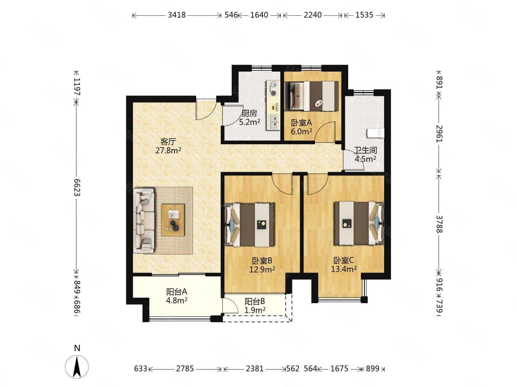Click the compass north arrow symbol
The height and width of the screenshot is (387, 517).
76,366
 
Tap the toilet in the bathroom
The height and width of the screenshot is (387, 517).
375,133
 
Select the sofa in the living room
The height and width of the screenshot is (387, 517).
144,220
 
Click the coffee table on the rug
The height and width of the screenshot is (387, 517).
173,220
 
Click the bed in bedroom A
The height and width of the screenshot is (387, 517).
311,96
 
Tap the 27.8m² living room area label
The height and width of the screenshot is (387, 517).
168,150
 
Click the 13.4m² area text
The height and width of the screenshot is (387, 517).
344,269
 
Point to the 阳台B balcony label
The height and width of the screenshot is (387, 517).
255,301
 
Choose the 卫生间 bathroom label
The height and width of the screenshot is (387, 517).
366,150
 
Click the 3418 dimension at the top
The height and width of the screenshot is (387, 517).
177,15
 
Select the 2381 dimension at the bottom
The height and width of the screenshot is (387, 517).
254,369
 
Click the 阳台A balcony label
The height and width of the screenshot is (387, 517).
177,291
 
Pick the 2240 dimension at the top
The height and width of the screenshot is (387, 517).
312,15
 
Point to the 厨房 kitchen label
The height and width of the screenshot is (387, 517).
249,113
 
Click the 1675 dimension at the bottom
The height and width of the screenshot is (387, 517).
339,369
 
